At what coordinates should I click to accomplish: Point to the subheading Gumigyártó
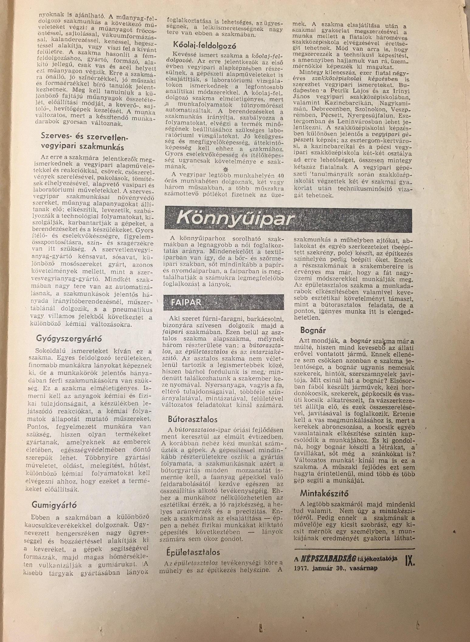pos(54,505)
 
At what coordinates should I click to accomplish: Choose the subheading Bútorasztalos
pos(193,419)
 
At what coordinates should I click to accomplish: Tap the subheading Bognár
pos(313,330)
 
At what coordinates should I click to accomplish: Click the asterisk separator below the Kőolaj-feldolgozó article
pos(225,169)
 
